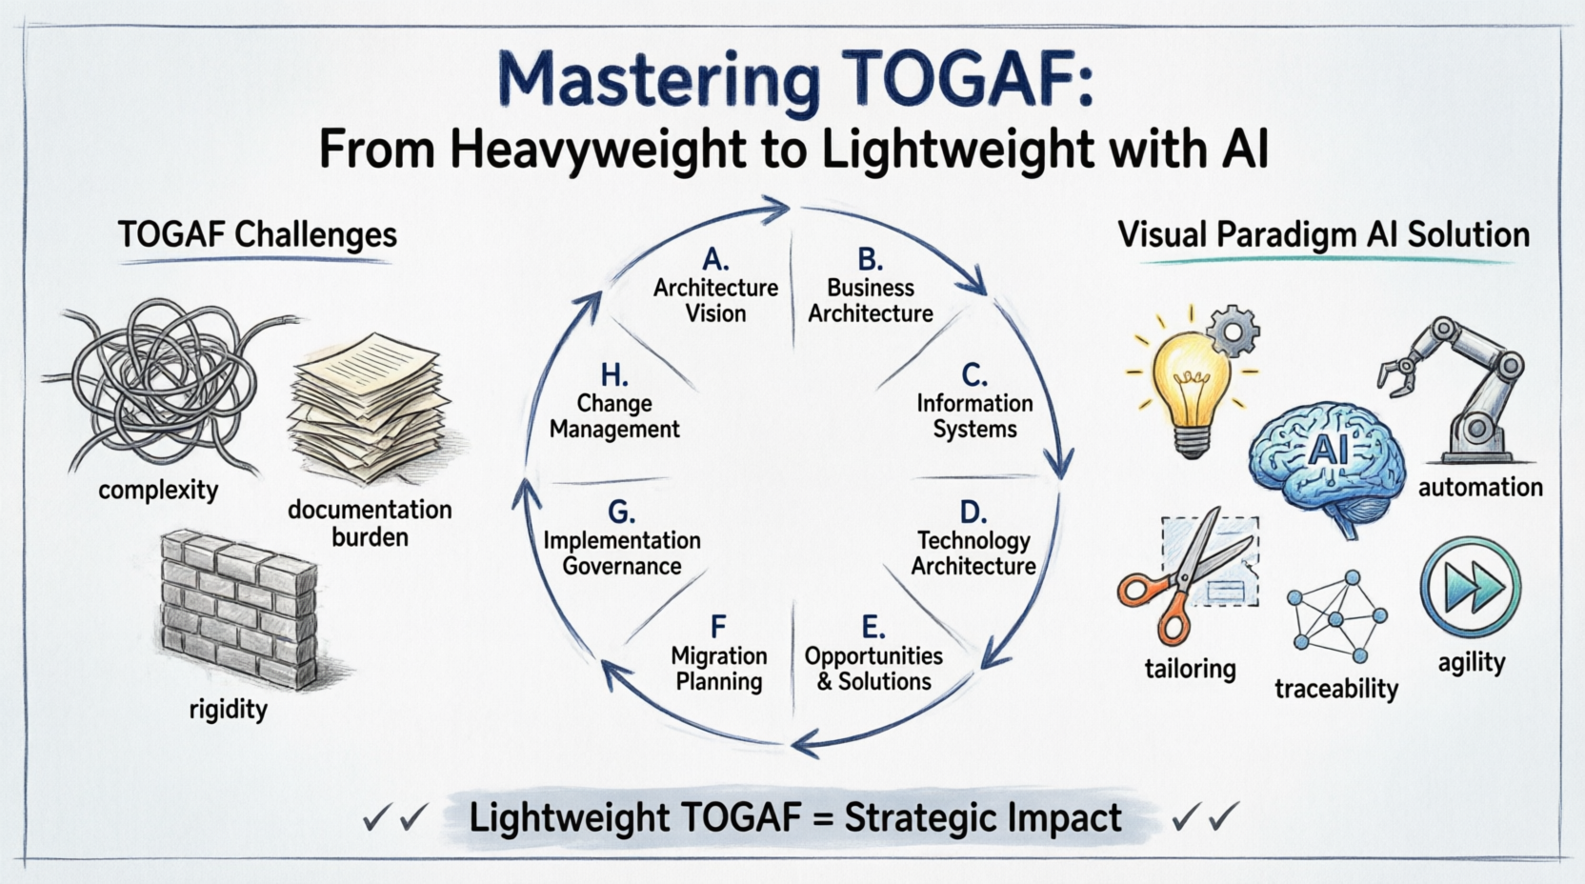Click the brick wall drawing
[238, 609]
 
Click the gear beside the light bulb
[1233, 331]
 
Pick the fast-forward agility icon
[1471, 587]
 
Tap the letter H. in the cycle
[614, 375]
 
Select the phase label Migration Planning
[719, 669]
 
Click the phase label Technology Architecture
[973, 553]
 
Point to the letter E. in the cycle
[873, 627]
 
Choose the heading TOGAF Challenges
[257, 234]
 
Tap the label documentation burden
[370, 523]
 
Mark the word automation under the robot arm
[1480, 488]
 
